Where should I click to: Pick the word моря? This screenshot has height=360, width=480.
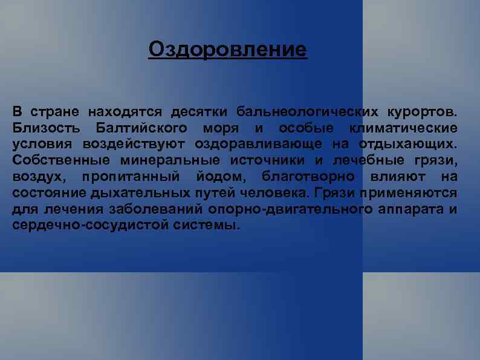(x=221, y=128)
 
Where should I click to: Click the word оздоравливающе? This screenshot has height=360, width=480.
(x=260, y=144)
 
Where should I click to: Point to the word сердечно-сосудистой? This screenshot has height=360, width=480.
(x=73, y=225)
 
